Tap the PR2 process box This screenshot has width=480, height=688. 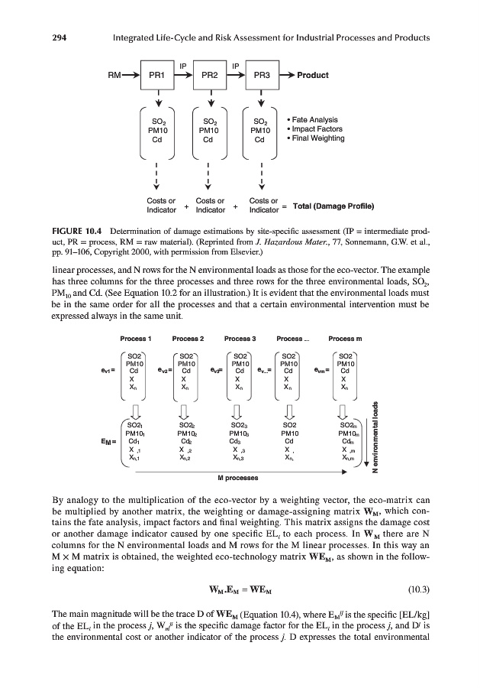(x=208, y=76)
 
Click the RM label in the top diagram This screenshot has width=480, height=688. (x=117, y=76)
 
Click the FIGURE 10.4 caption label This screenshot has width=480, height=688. (x=79, y=230)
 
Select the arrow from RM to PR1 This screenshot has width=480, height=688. (x=133, y=76)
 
